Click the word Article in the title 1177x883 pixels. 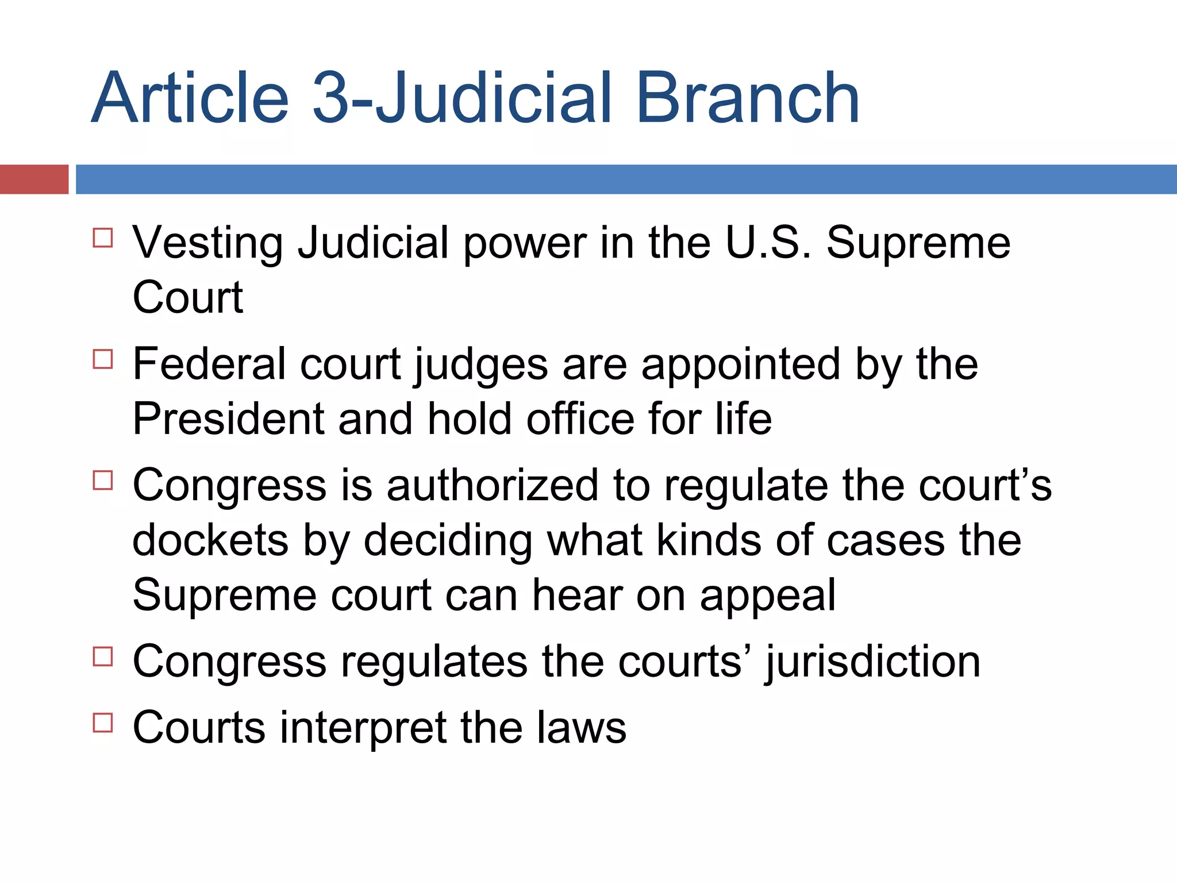[190, 98]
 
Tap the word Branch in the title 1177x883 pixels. [747, 98]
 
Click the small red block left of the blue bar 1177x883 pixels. [34, 179]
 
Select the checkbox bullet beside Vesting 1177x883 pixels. [103, 237]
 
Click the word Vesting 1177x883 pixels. [207, 243]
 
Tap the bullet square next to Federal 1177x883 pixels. [103, 359]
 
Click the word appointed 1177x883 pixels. [741, 366]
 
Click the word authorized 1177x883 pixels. [493, 486]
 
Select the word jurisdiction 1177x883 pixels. [873, 662]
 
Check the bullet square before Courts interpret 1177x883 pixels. [103, 723]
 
